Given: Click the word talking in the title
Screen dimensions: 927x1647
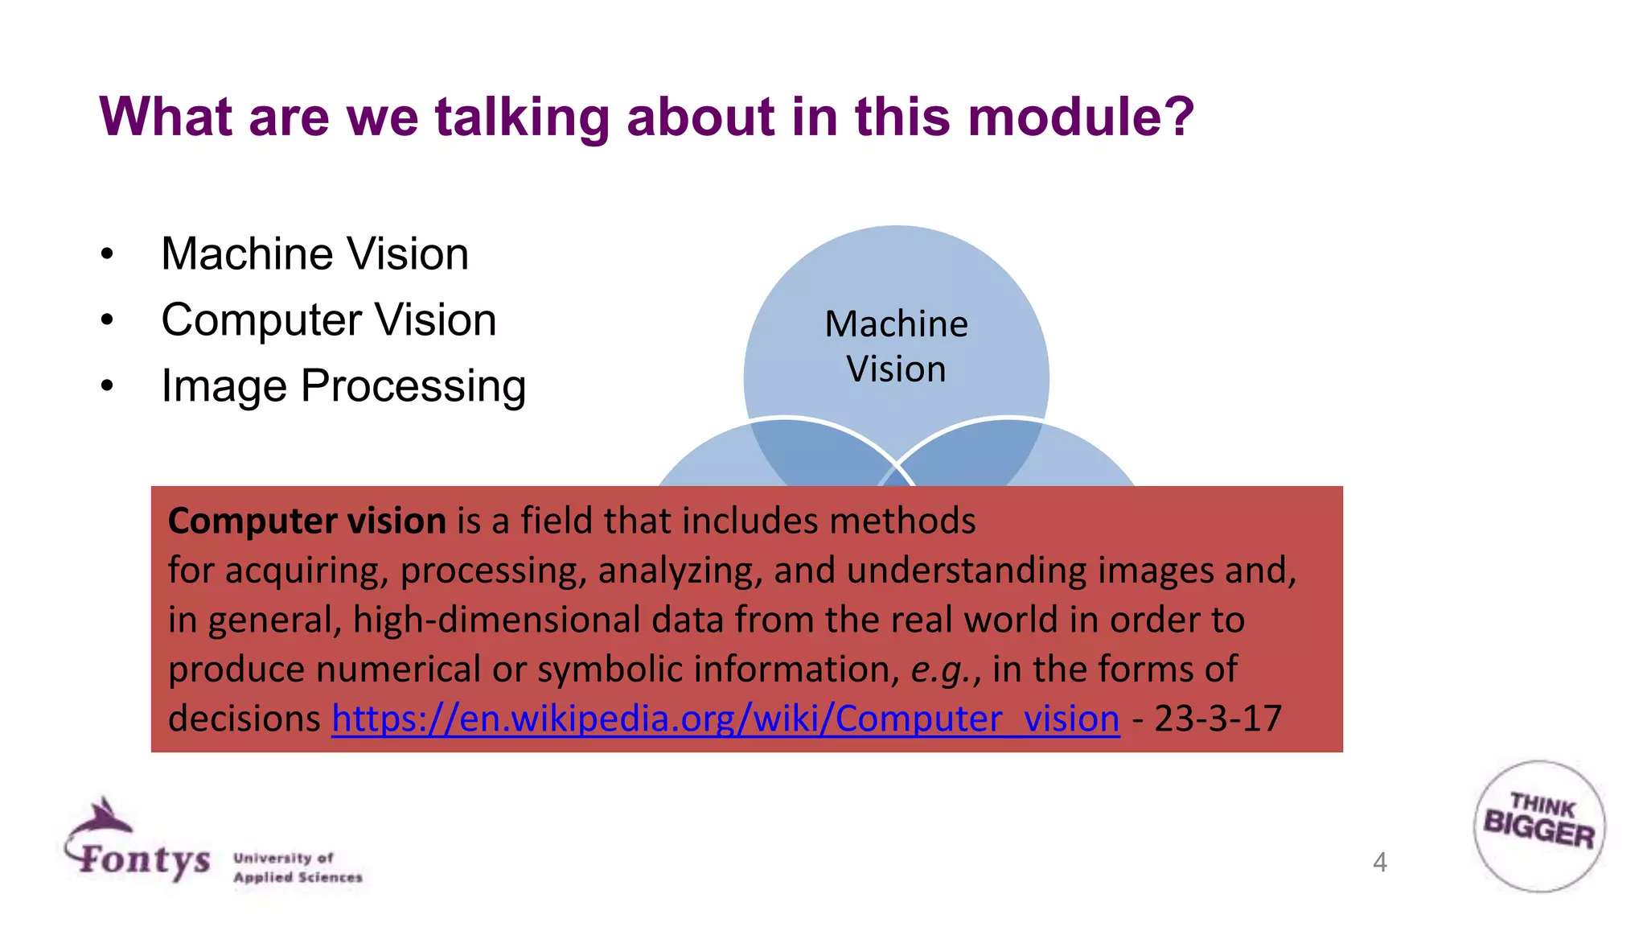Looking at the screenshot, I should pos(522,117).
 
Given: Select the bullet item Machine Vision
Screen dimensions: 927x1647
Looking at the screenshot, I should pos(314,254).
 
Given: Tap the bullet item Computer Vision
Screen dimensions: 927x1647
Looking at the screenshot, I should pos(328,320).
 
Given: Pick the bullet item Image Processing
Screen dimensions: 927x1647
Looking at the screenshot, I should pos(343,386).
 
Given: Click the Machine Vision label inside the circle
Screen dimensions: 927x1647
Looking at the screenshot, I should pos(896,346).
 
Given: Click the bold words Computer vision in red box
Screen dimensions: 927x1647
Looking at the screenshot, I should pos(306,521).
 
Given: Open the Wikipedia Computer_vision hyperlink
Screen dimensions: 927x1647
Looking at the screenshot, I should pos(725,719).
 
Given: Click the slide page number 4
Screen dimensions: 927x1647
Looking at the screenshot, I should pos(1379,863).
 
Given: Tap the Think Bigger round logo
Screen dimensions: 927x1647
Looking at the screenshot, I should pos(1539,826).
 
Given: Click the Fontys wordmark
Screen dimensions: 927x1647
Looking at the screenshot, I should pos(145,859).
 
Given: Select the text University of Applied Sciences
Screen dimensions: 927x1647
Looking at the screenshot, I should pos(297,867).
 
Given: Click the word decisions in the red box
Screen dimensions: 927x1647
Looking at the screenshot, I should pos(244,719).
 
